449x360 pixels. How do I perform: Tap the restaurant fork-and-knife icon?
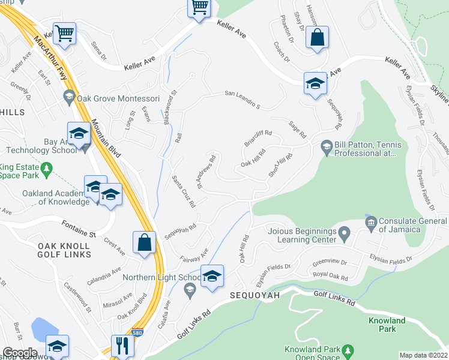121,346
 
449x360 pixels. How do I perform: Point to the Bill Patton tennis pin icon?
327,146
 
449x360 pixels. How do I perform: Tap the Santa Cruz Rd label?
184,191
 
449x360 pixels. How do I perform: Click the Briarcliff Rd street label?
258,139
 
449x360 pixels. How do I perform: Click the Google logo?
19,353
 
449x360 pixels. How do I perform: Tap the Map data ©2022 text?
423,355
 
